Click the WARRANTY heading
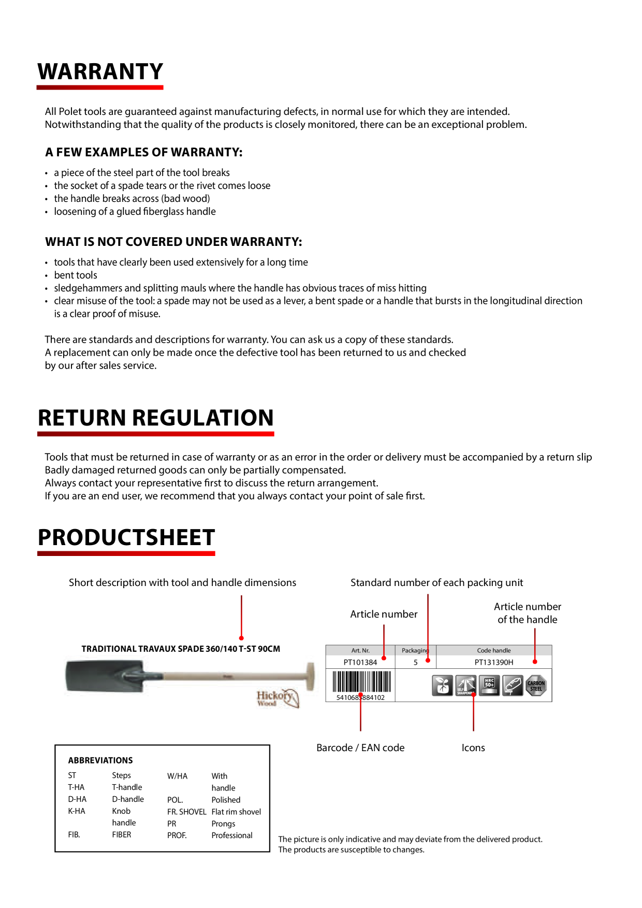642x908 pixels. click(100, 71)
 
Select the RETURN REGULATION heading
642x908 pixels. click(156, 418)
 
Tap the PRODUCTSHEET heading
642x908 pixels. click(126, 537)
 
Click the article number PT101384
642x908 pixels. click(360, 662)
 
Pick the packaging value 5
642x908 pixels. click(415, 662)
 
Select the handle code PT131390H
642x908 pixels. click(494, 662)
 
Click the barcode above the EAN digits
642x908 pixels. click(361, 682)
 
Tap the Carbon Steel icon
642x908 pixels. click(536, 685)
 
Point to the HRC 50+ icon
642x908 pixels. click(489, 685)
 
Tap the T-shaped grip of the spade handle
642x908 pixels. click(310, 676)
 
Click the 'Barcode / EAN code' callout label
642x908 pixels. click(360, 748)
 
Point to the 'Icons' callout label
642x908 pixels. click(473, 748)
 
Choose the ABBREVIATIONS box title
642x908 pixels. click(100, 760)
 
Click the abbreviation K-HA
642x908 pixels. click(77, 811)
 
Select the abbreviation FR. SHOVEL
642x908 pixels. click(186, 812)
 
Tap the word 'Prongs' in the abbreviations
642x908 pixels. click(223, 824)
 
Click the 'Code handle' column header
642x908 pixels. click(494, 650)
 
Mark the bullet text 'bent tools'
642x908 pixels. click(76, 275)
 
